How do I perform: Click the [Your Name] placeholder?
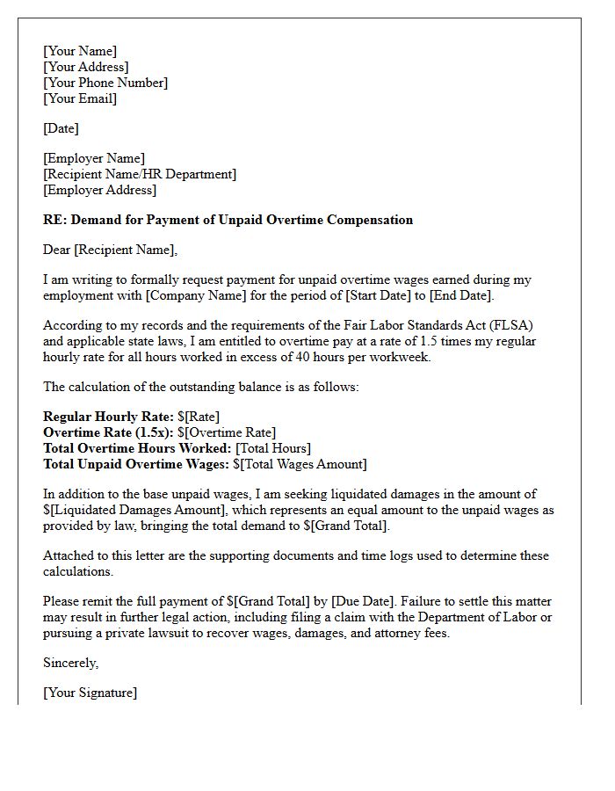(80, 51)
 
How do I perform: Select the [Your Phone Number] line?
(105, 83)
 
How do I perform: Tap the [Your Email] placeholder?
(80, 98)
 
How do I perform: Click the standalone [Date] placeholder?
(61, 128)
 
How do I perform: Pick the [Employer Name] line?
(94, 158)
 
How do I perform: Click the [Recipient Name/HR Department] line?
(140, 174)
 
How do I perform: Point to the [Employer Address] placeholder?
(99, 190)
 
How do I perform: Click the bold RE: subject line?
(228, 220)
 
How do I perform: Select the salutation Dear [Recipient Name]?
(110, 250)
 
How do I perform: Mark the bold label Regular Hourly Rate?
(106, 417)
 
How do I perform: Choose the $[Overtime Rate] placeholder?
(227, 432)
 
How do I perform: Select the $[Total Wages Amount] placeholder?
(300, 464)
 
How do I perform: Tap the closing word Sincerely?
(71, 663)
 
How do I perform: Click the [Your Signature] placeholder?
(90, 693)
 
